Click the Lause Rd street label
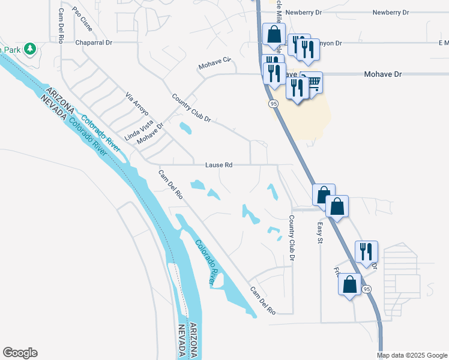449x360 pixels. click(x=218, y=164)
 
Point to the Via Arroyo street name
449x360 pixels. click(x=136, y=104)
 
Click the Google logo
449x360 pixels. click(x=20, y=353)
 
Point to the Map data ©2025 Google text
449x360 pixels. click(x=412, y=355)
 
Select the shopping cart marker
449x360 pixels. click(x=312, y=83)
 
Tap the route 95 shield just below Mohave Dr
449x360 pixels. click(x=273, y=104)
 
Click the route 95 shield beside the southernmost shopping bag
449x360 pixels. click(x=367, y=289)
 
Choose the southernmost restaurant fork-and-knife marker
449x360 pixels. click(x=366, y=252)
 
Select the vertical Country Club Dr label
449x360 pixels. click(x=292, y=238)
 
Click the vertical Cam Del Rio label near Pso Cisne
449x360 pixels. click(x=61, y=26)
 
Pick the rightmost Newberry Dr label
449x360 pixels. click(x=390, y=12)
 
